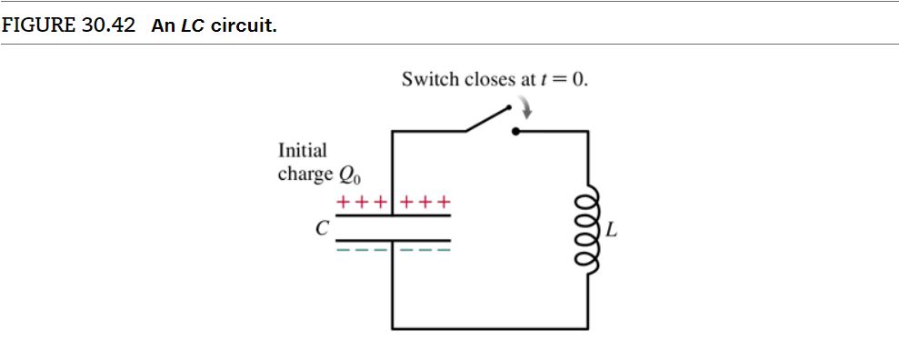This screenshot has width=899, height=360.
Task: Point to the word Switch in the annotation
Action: click(431, 79)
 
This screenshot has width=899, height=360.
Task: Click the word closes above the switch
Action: click(490, 79)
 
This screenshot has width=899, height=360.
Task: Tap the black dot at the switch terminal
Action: click(515, 132)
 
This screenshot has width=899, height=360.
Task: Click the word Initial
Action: click(303, 150)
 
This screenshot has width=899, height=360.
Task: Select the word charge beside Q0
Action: click(305, 173)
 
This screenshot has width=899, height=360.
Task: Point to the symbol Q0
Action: click(350, 174)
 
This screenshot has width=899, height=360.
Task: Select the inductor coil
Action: click(590, 230)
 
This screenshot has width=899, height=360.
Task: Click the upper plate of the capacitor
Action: click(393, 215)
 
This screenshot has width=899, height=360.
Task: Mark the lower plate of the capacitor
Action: click(393, 241)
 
